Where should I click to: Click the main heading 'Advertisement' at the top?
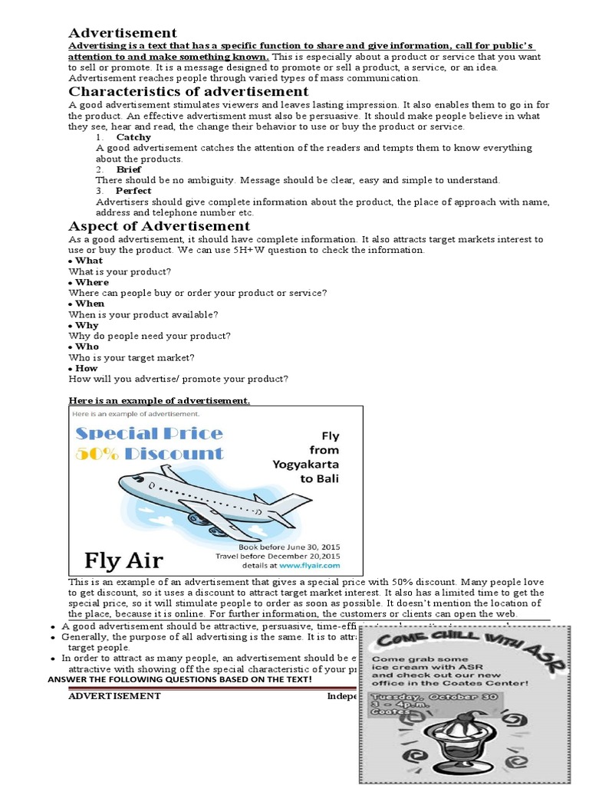coord(123,32)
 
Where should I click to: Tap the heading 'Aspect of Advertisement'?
coord(160,225)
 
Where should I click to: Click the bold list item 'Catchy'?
coord(133,137)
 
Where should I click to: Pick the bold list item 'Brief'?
coord(129,169)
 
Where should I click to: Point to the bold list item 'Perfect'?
coord(133,190)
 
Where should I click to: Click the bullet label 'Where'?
coord(92,282)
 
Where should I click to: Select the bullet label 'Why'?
coord(87,325)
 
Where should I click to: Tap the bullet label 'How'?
coord(87,368)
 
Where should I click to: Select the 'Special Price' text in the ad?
coord(149,433)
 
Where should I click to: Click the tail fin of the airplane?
coord(295,502)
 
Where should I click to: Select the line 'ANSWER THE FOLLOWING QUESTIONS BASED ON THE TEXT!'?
coord(179,679)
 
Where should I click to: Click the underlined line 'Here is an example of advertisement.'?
coord(159,400)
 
